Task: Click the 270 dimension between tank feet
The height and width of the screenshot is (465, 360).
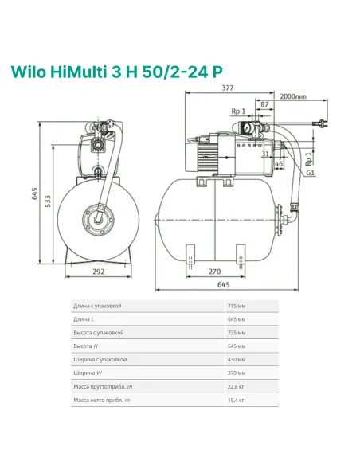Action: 213,271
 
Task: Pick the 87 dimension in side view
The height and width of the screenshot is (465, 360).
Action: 265,104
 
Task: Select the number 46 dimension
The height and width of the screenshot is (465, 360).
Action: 280,162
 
